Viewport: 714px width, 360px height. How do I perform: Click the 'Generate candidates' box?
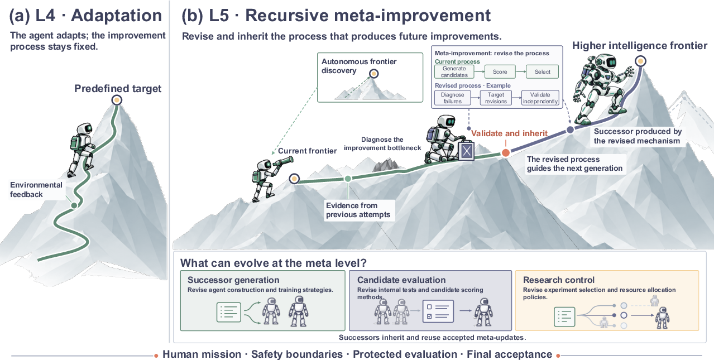click(454, 71)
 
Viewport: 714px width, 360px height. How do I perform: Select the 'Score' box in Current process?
click(500, 71)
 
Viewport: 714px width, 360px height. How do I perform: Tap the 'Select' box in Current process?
click(542, 71)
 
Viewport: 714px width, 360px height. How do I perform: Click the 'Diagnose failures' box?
click(452, 98)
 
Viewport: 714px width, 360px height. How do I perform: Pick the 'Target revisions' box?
click(496, 98)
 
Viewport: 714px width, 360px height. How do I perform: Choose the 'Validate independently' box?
click(540, 98)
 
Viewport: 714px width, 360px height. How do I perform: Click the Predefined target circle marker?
click(117, 100)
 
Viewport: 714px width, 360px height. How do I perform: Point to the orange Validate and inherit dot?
click(506, 153)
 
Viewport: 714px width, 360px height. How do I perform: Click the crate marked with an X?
click(466, 151)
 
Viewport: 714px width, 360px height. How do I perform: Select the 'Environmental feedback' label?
click(36, 190)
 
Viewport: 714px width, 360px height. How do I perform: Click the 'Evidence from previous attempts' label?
click(358, 210)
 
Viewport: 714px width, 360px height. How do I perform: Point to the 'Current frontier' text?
click(307, 151)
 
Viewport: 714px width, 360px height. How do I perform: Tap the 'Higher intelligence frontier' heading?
click(640, 46)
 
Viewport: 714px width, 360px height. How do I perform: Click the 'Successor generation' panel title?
click(233, 280)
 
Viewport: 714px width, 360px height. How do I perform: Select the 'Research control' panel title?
click(559, 280)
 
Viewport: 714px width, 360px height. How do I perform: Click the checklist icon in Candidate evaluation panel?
click(438, 311)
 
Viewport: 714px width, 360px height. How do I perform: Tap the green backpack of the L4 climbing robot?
click(75, 143)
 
